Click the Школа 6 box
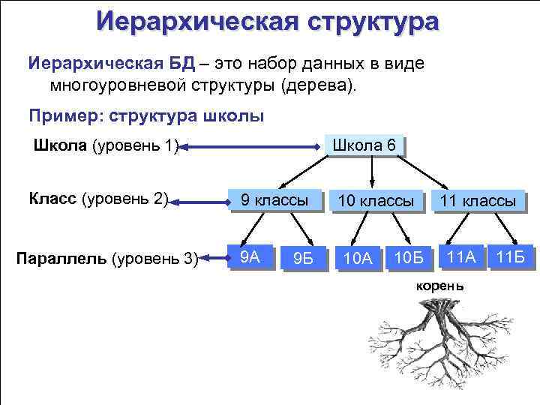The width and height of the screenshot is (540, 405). [364, 145]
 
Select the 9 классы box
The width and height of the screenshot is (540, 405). [274, 200]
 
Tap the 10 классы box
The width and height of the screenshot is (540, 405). [375, 201]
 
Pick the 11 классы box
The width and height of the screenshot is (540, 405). [478, 201]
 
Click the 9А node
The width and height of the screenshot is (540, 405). [249, 257]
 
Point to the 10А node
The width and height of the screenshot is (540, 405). [357, 259]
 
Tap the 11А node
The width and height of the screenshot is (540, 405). [460, 257]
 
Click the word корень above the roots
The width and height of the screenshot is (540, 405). [439, 287]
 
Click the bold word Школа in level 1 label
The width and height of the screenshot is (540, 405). [59, 145]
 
